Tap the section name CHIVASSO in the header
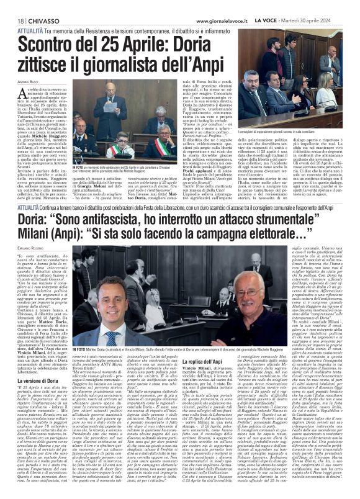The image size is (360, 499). tap(42, 21)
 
